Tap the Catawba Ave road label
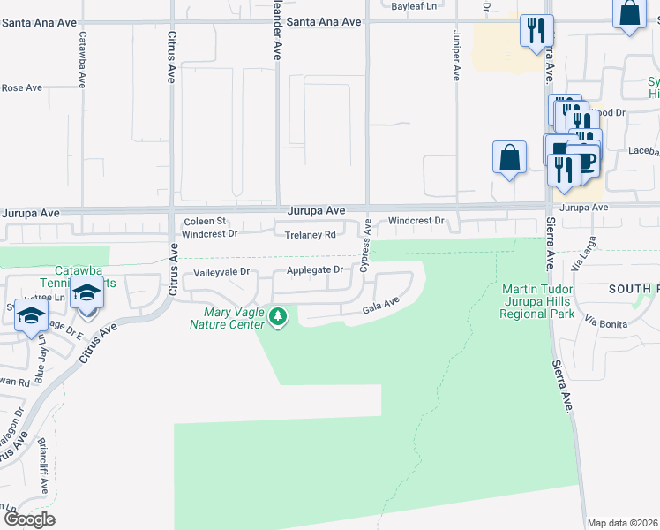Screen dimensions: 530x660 pos(82,60)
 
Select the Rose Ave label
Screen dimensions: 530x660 pos(22,87)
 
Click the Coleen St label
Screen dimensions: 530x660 pos(205,221)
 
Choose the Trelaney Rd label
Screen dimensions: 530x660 pos(311,235)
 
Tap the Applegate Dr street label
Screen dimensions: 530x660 pos(313,270)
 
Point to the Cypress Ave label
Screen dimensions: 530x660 pos(365,247)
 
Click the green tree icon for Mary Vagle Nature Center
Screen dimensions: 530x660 pos(278,315)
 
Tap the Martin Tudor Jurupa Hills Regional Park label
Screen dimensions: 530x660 pos(536,301)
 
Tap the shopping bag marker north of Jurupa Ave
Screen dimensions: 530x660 pos(510,158)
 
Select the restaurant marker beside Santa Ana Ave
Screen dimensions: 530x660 pos(536,32)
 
